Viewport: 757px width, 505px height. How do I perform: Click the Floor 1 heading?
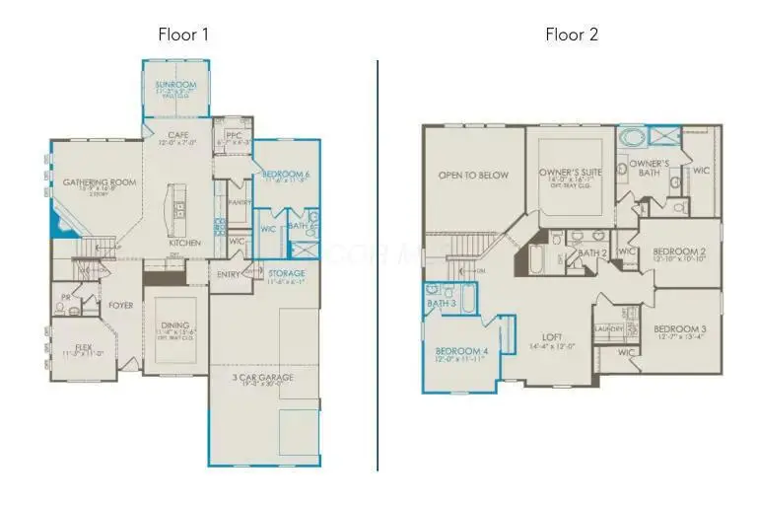184,35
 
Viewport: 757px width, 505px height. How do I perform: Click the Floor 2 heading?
572,35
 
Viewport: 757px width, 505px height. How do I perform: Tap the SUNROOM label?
177,86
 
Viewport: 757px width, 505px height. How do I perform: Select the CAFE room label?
178,135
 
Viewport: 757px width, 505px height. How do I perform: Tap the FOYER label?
120,306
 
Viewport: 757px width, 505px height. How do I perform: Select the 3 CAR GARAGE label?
263,377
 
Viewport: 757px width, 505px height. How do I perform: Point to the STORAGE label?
287,273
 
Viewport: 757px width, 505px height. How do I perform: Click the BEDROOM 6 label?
287,175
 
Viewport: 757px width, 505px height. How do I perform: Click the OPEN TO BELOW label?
474,176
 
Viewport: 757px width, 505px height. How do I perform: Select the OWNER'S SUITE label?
570,173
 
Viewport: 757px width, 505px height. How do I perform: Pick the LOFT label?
552,336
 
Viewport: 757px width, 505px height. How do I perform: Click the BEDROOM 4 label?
460,350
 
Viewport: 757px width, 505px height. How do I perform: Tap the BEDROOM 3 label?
678,328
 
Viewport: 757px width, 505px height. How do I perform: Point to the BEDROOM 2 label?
679,252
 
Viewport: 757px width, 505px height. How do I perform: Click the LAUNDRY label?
608,328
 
